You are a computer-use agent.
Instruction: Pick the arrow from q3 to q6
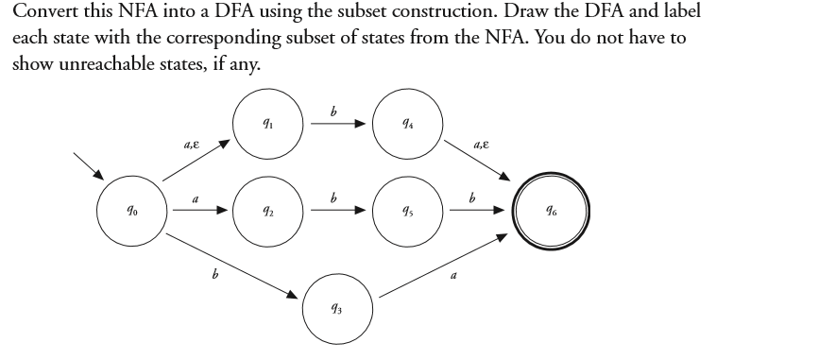click(x=439, y=269)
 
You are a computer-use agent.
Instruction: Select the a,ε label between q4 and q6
click(x=482, y=145)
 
